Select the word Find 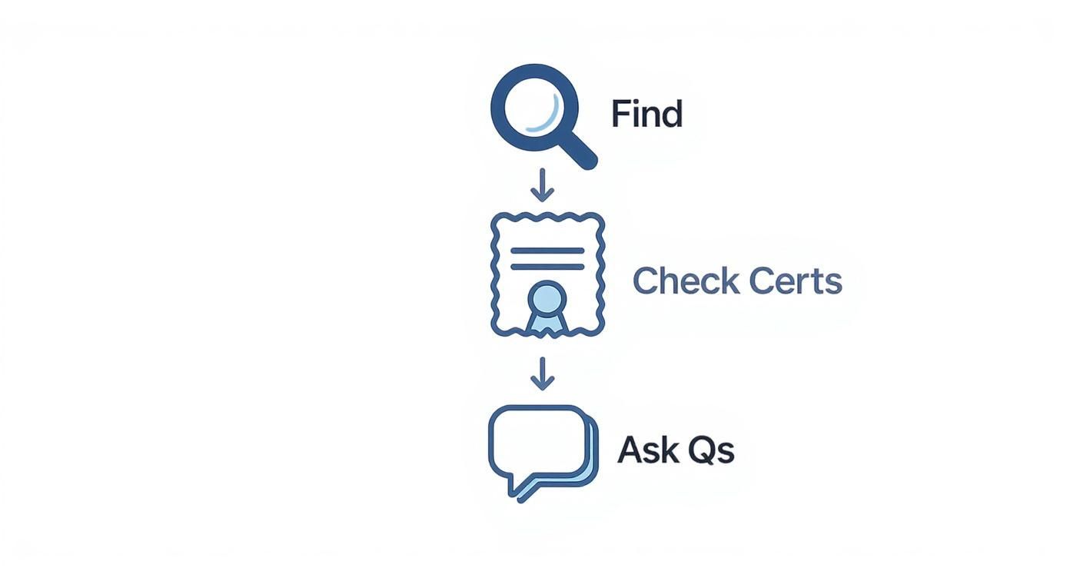coord(646,115)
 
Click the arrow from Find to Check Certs coord(543,187)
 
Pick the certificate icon coord(547,275)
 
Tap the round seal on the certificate coord(547,297)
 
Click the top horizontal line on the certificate coord(547,251)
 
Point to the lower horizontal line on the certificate coord(547,267)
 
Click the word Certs coord(795,281)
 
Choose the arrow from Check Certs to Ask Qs coord(543,374)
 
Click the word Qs coord(711,450)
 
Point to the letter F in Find coord(620,115)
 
